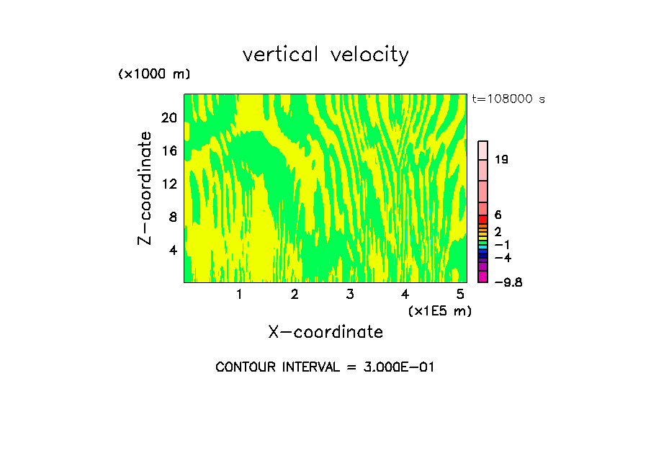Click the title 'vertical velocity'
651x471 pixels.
325,55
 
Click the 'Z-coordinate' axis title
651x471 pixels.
145,188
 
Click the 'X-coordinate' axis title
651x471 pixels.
325,332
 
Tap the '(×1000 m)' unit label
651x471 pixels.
154,75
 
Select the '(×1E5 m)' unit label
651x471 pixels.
440,310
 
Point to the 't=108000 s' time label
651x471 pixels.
508,99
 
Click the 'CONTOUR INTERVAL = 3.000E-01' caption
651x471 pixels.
325,367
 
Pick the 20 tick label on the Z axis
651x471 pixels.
169,118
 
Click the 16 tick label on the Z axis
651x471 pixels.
169,151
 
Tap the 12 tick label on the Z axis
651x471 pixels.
169,184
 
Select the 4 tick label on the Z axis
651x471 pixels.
173,250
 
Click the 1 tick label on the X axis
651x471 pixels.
239,295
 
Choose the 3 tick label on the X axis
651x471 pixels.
350,295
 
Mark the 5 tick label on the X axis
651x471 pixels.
460,295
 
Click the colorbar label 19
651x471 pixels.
501,160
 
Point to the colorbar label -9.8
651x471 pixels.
508,282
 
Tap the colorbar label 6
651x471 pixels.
498,215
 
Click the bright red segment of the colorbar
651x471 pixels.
483,219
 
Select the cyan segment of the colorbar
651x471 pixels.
483,246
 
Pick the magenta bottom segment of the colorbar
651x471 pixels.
483,277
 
